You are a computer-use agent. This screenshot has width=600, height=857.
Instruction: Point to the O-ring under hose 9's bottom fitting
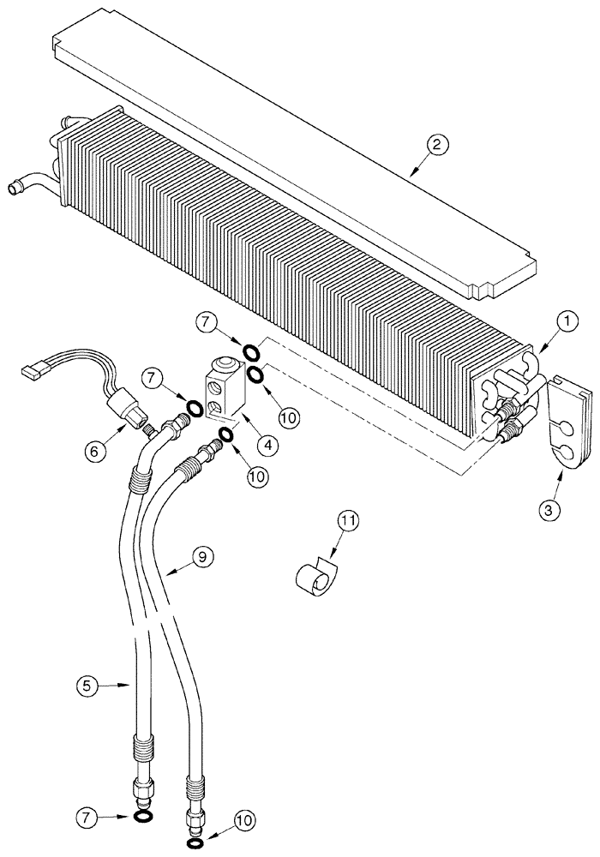[195, 845]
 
